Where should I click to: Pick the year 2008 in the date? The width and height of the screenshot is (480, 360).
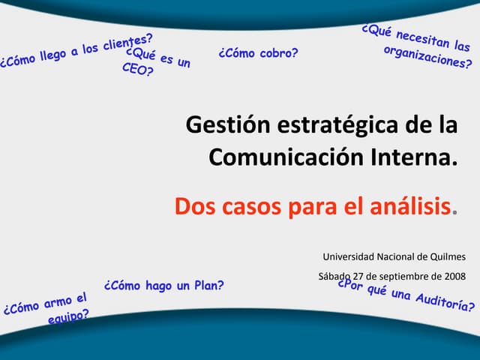coord(453,277)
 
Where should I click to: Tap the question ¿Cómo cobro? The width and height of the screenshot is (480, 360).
coord(258,53)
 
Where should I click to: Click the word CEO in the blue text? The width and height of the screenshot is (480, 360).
coord(136,70)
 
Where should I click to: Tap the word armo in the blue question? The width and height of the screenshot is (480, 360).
coord(55,303)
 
